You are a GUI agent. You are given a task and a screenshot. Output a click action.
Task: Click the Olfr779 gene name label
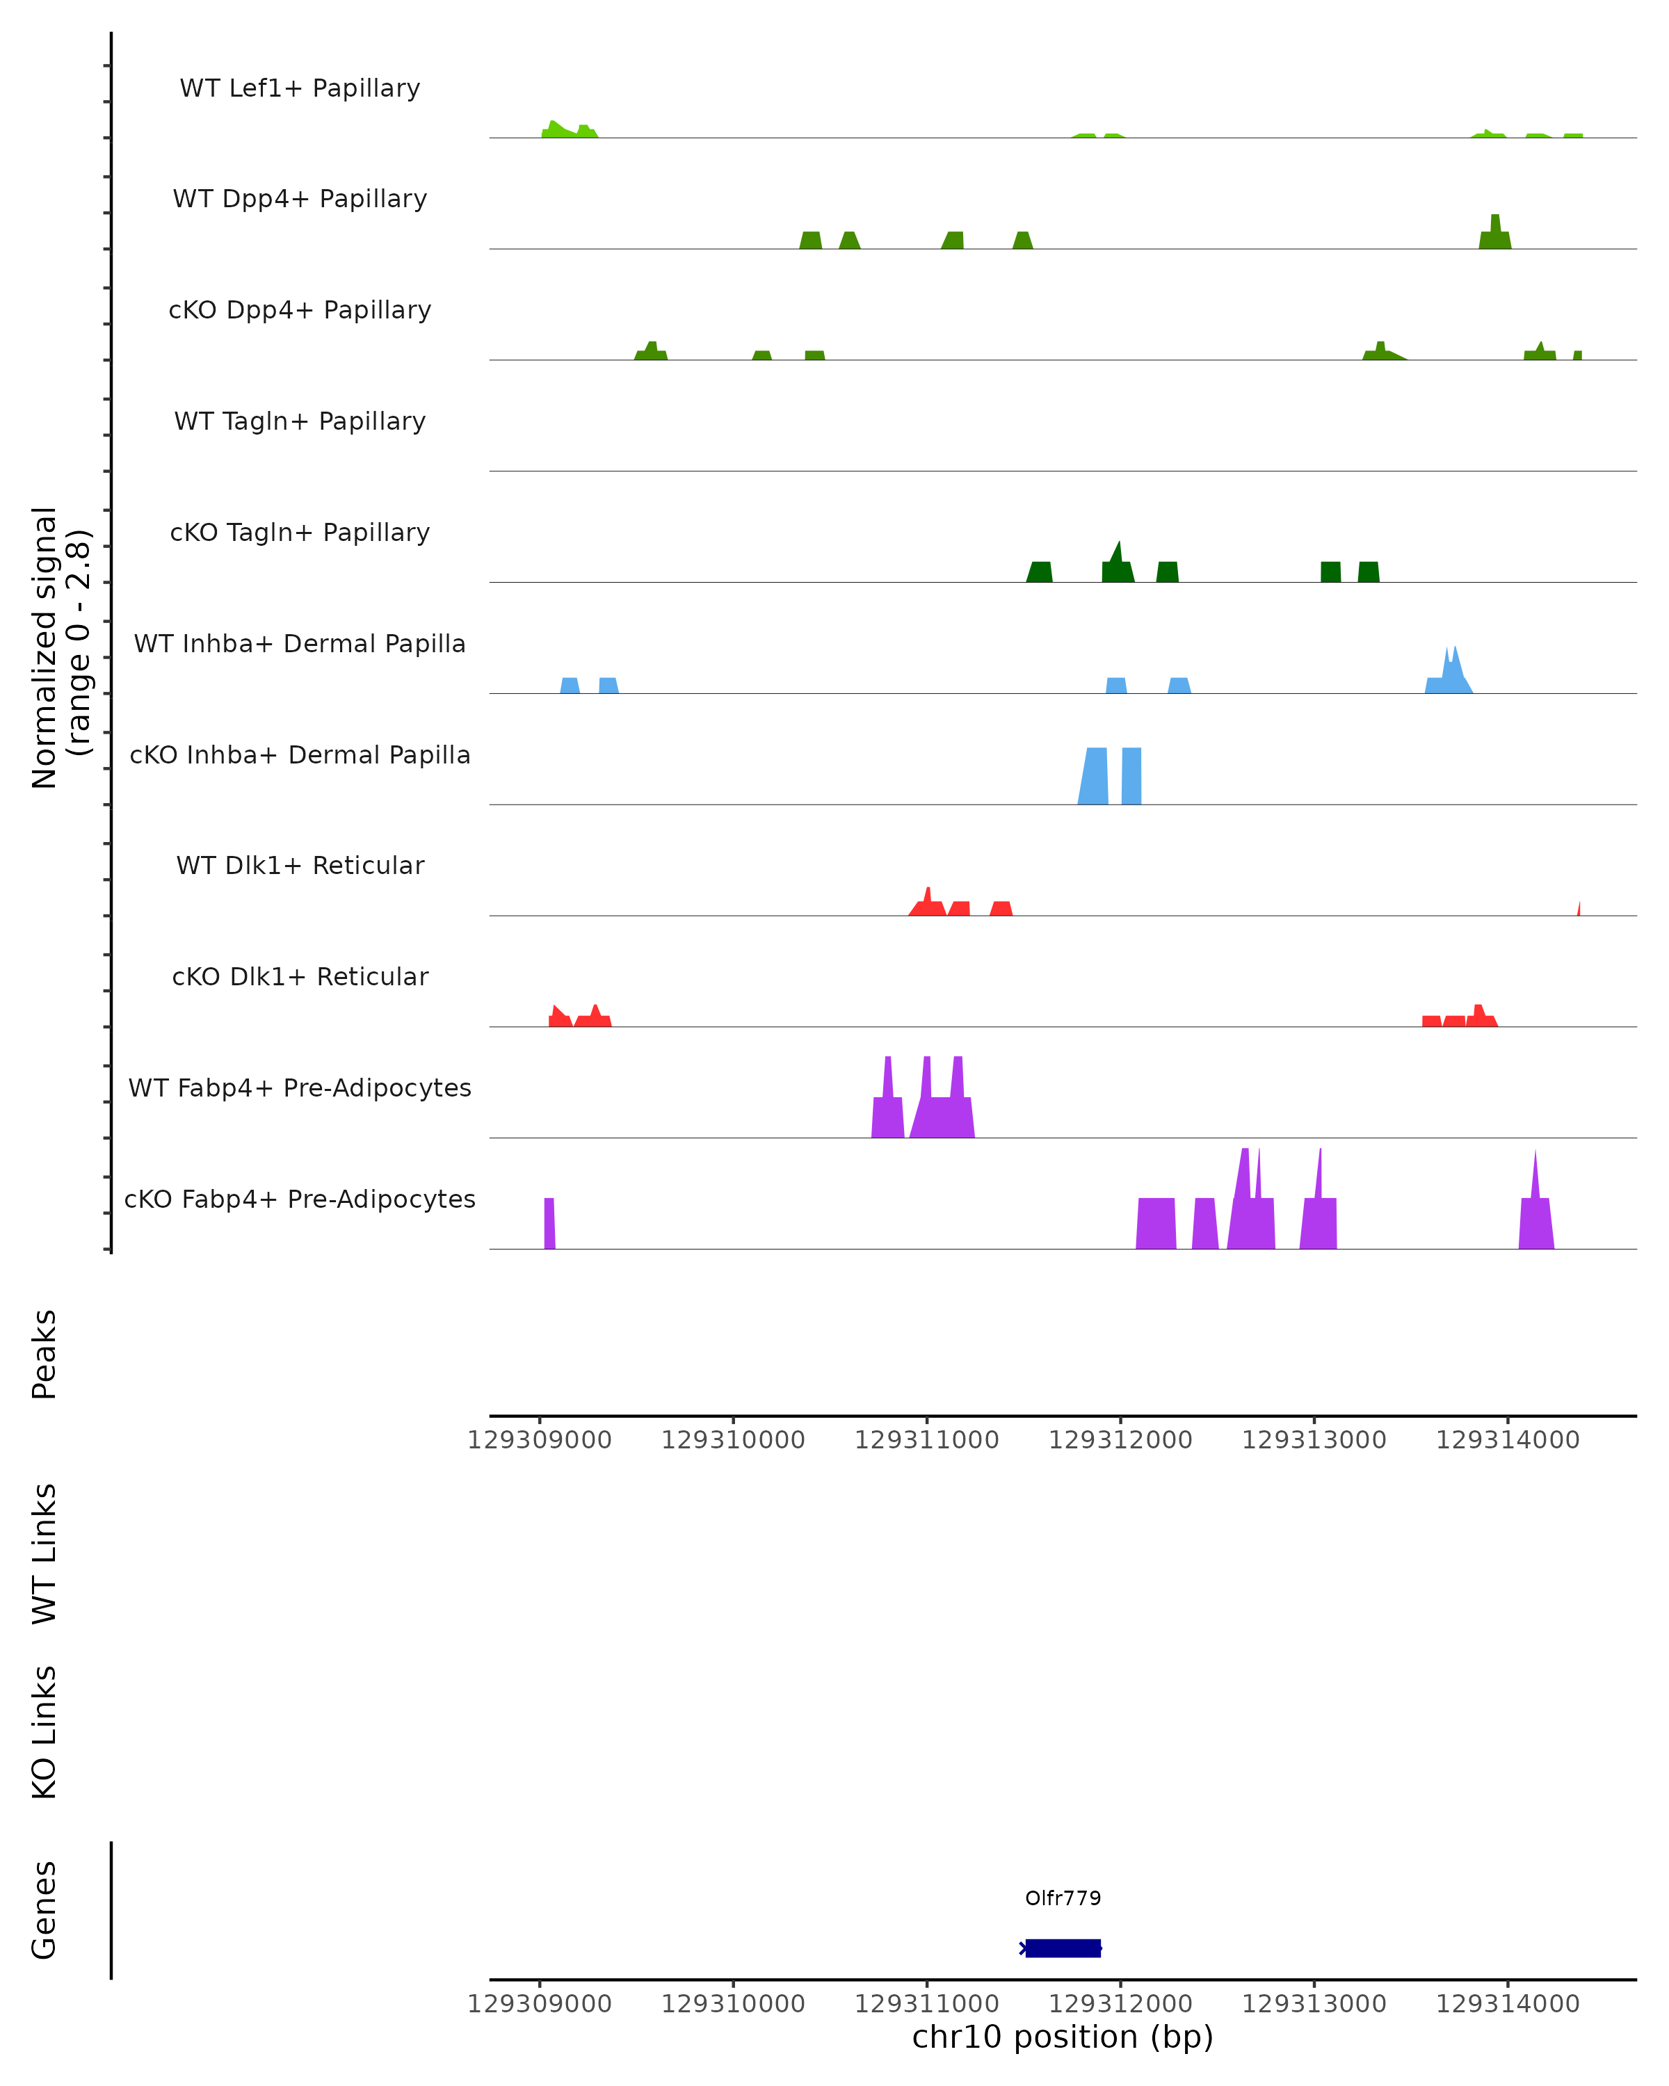pyautogui.click(x=1063, y=1898)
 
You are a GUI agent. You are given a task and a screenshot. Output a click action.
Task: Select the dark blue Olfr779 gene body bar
pyautogui.click(x=1063, y=1948)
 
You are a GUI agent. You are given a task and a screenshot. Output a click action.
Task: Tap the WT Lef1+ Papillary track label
pyautogui.click(x=300, y=88)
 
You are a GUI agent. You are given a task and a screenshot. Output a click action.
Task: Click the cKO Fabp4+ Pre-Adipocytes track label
pyautogui.click(x=300, y=1199)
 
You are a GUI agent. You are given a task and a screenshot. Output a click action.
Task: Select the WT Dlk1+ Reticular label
pyautogui.click(x=300, y=865)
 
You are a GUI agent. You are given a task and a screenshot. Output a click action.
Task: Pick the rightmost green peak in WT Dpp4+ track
pyautogui.click(x=1495, y=235)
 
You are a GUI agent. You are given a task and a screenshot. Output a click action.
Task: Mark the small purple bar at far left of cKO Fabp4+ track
pyautogui.click(x=549, y=1224)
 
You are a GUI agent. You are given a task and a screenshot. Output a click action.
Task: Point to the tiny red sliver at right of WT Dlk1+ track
pyautogui.click(x=1579, y=910)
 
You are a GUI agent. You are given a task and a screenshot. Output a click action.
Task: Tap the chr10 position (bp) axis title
pyautogui.click(x=1063, y=2037)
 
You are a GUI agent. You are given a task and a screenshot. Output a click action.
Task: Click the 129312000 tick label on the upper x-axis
pyautogui.click(x=1120, y=1440)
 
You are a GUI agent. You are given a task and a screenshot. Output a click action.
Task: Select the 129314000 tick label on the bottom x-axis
pyautogui.click(x=1508, y=2004)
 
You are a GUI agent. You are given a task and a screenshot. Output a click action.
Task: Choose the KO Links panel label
pyautogui.click(x=45, y=1732)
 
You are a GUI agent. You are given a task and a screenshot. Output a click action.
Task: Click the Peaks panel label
pyautogui.click(x=45, y=1354)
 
